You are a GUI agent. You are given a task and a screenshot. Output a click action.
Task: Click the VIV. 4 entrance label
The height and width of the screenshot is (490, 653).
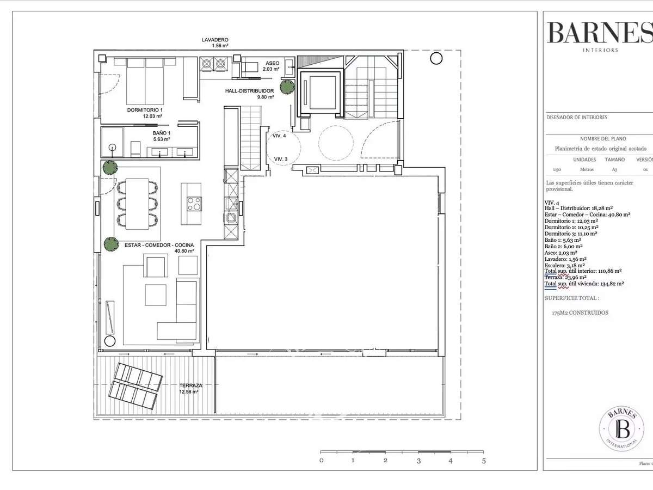[280, 136]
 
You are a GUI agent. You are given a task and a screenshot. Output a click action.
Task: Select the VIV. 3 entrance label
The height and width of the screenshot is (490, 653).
[281, 159]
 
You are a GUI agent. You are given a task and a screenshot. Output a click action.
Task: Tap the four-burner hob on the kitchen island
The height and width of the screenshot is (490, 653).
[194, 204]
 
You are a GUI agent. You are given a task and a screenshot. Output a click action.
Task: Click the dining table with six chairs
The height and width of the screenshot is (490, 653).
[137, 203]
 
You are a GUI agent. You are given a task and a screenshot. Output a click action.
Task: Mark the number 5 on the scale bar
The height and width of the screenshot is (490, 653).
[483, 461]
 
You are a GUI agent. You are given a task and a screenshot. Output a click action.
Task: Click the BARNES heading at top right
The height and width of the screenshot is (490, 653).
[599, 33]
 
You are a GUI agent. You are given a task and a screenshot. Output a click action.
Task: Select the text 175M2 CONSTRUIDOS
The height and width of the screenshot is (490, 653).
[580, 313]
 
